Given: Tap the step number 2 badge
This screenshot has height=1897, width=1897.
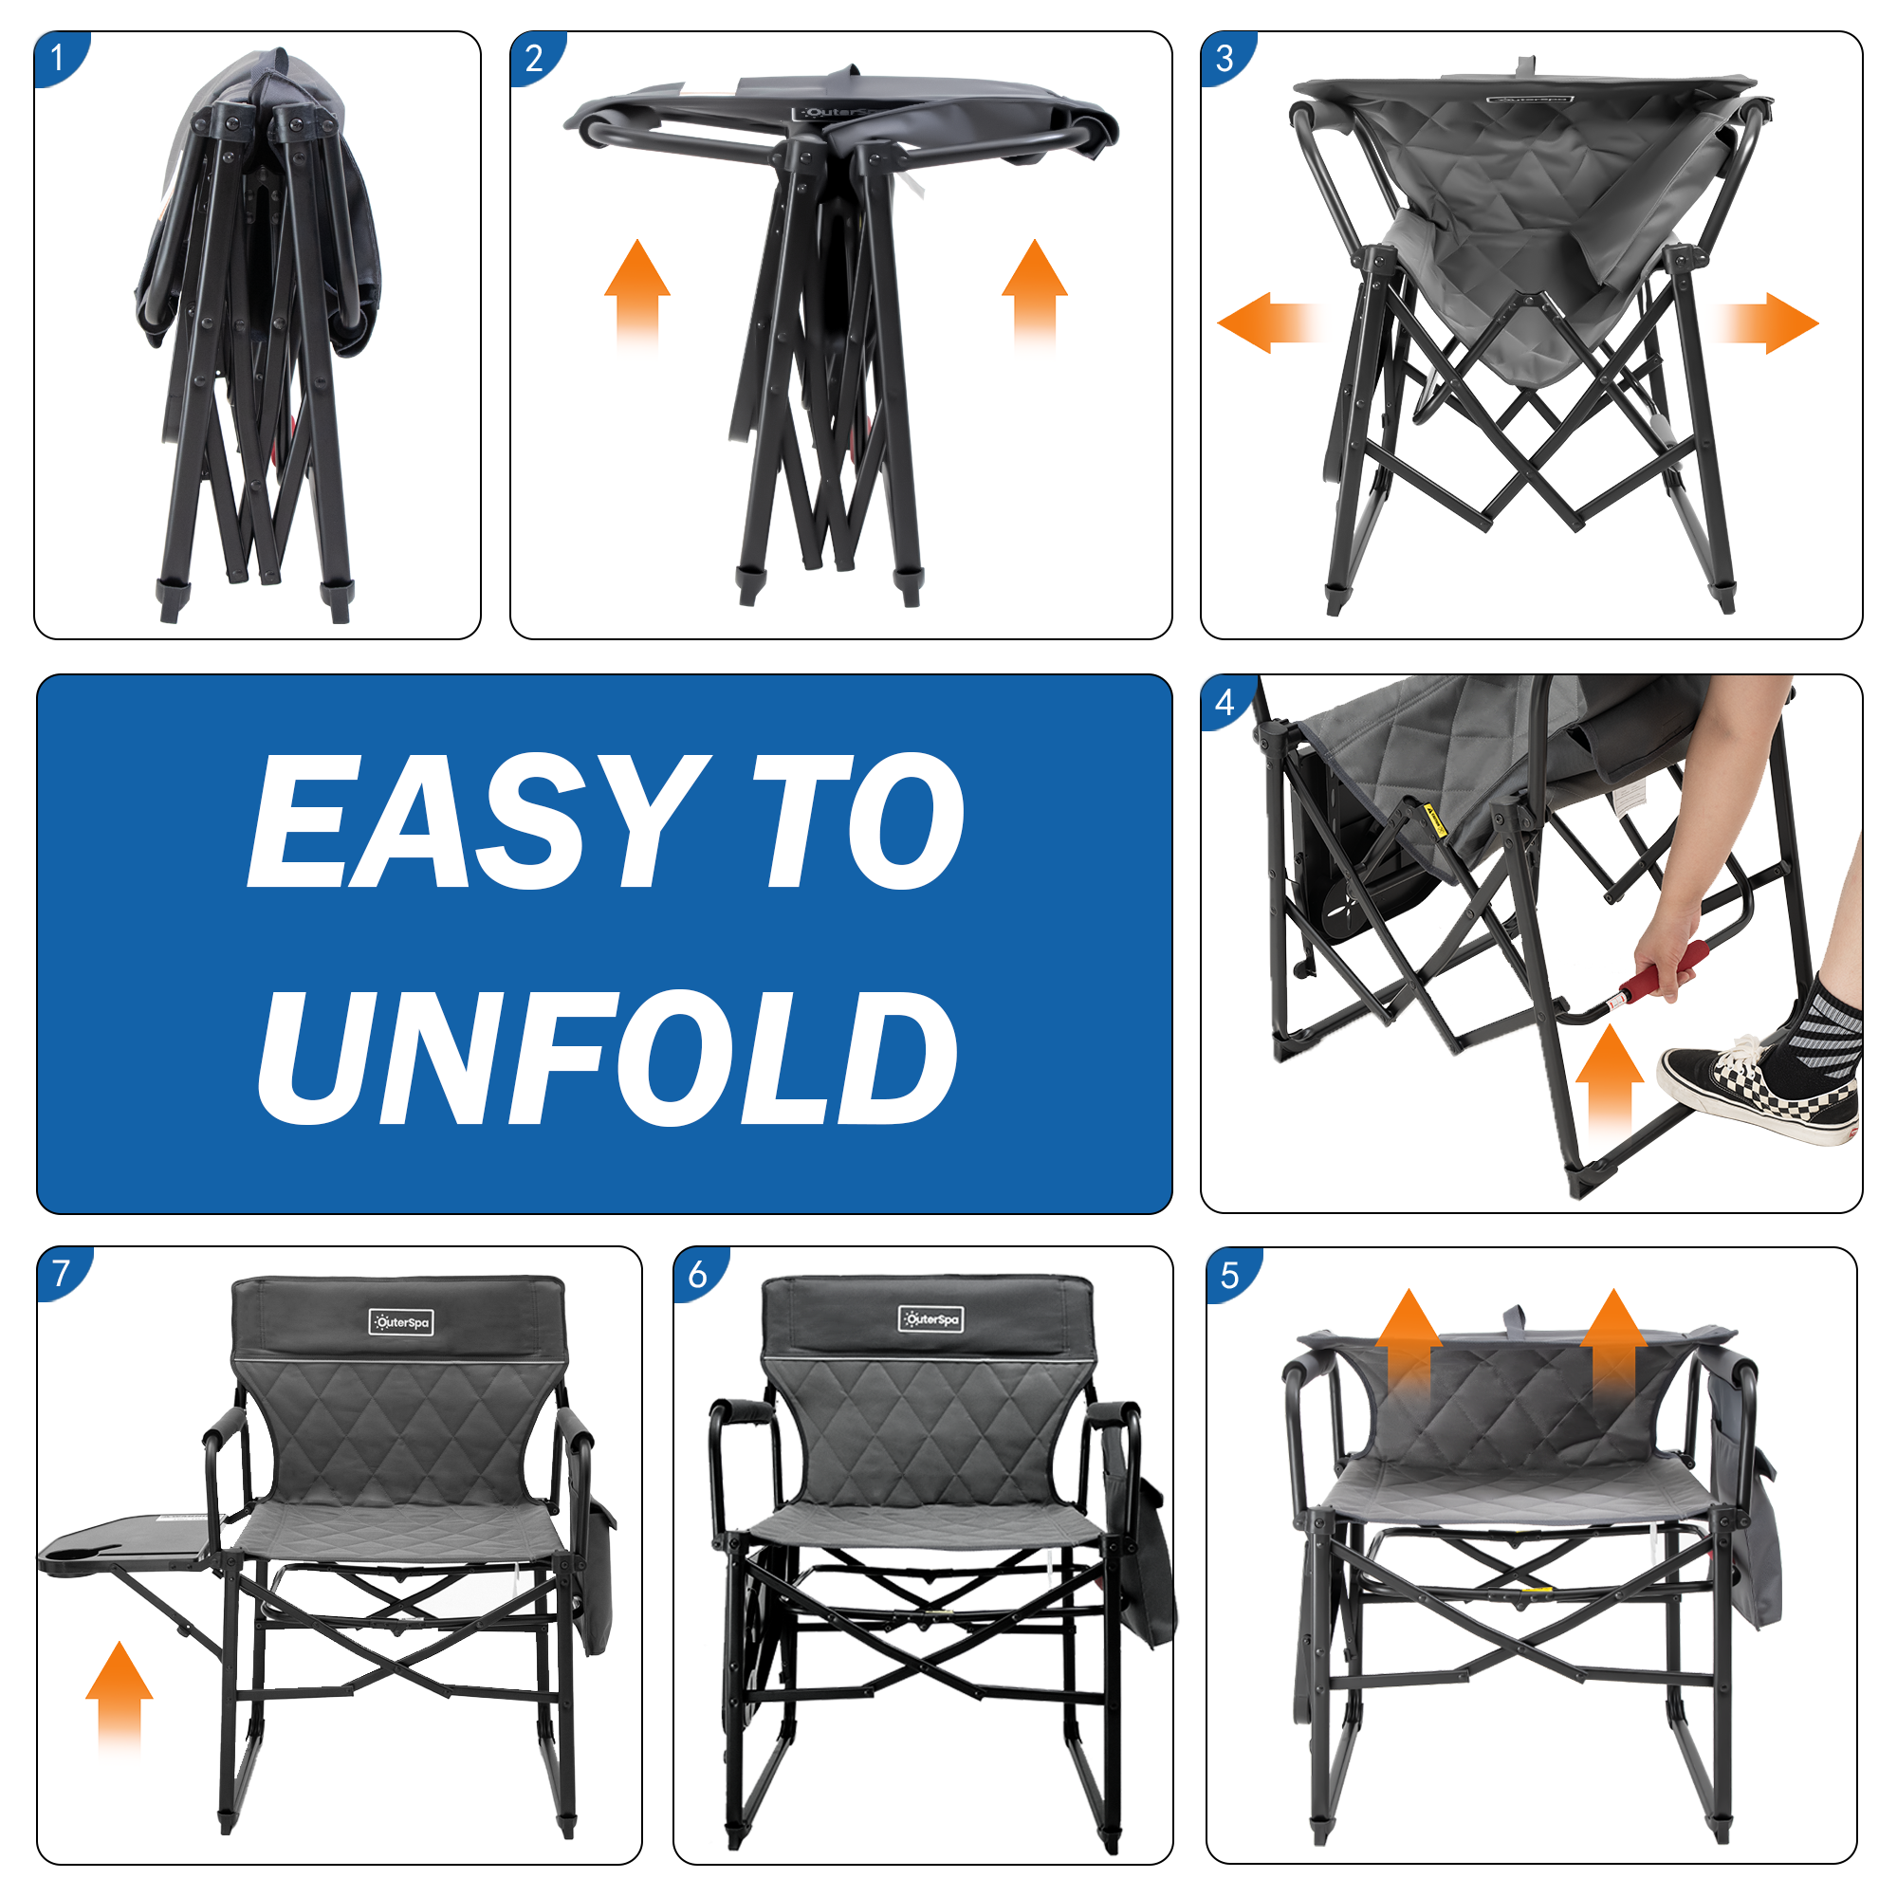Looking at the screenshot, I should click(535, 57).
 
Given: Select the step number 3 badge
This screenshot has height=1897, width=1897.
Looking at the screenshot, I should click(1225, 57).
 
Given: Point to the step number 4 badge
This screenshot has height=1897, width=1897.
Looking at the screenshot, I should click(1225, 701).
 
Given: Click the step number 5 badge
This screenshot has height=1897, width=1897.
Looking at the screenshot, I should click(1230, 1276).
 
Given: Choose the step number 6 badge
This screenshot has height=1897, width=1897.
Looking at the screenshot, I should click(698, 1275).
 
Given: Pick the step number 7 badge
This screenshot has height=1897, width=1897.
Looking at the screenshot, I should click(62, 1273).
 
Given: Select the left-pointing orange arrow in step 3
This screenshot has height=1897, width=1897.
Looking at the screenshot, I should click(1266, 323).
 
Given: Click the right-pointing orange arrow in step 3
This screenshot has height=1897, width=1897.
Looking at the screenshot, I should click(1767, 323).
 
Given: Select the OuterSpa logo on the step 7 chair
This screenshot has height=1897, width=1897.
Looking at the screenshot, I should click(400, 1322).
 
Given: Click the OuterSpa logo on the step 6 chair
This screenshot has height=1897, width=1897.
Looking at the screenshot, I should click(930, 1319).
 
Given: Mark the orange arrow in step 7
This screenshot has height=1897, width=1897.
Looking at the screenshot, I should click(120, 1697).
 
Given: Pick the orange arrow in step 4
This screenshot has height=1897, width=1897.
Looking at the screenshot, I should click(1610, 1079).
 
